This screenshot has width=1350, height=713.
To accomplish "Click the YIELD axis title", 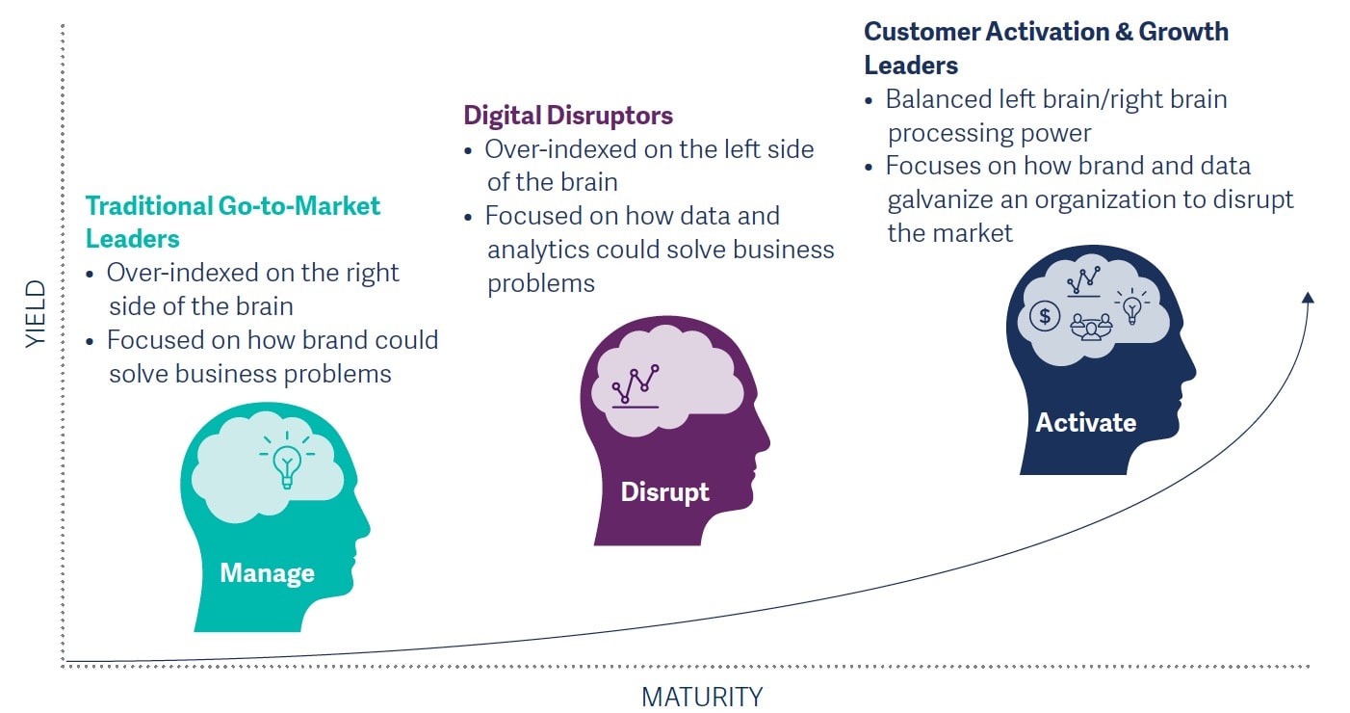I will pos(36,314).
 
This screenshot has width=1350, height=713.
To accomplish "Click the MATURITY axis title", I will pos(702,696).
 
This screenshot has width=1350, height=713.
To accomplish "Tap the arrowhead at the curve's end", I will pos(1307,298).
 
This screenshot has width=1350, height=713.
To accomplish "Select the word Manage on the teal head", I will pos(267,573).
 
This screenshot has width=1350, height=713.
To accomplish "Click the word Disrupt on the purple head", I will pos(664,491).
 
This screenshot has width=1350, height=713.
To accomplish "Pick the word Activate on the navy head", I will pos(1085,422).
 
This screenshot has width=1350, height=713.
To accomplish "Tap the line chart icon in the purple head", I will pos(636,385).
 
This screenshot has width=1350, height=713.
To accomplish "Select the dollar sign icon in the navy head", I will pos(1045,315).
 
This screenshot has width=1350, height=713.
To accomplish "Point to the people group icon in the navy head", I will pos(1091,327).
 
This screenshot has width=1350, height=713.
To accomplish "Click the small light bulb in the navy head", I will pos(1132,307).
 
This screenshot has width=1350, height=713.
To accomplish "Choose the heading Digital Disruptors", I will pos(568,116).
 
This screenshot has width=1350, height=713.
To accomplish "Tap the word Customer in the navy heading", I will pos(921,32).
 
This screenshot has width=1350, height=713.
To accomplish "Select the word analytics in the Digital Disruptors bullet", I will pos(537,250).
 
